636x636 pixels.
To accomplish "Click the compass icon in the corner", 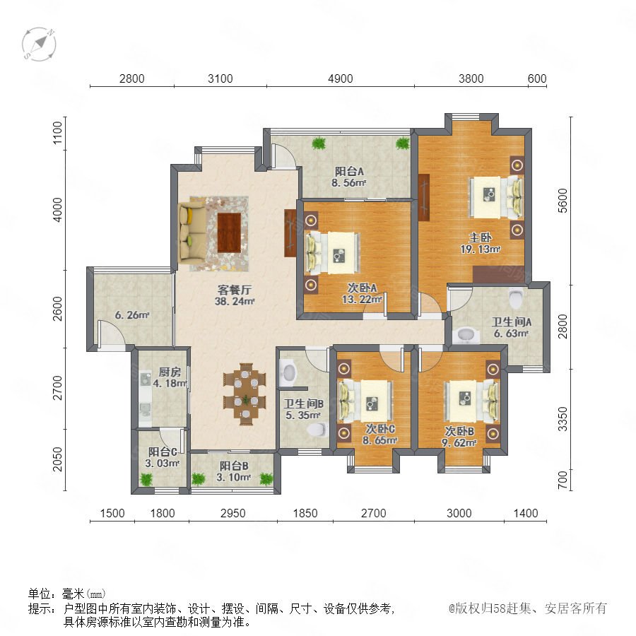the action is (x=39, y=44).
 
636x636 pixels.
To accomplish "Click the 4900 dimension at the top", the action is (x=341, y=78).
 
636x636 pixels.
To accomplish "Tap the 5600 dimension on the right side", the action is (x=563, y=201).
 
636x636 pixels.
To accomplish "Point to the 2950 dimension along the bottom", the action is (x=232, y=513).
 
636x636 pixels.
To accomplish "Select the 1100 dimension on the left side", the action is (x=58, y=133).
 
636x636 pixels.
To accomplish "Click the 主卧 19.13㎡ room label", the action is (x=481, y=243).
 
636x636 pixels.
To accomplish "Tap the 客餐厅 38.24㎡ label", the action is (x=235, y=295).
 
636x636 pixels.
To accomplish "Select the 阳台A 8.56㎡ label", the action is (x=349, y=177).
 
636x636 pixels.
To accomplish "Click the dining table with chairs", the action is (x=245, y=394).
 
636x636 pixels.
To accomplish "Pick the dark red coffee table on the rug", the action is (x=229, y=232).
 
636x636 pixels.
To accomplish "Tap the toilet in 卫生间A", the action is (x=516, y=298).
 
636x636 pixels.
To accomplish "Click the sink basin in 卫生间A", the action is (x=466, y=335).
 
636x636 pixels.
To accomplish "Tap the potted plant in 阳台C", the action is (x=146, y=479).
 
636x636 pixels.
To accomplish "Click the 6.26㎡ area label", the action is (x=132, y=314).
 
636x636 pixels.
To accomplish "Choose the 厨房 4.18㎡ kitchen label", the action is (x=170, y=377).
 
